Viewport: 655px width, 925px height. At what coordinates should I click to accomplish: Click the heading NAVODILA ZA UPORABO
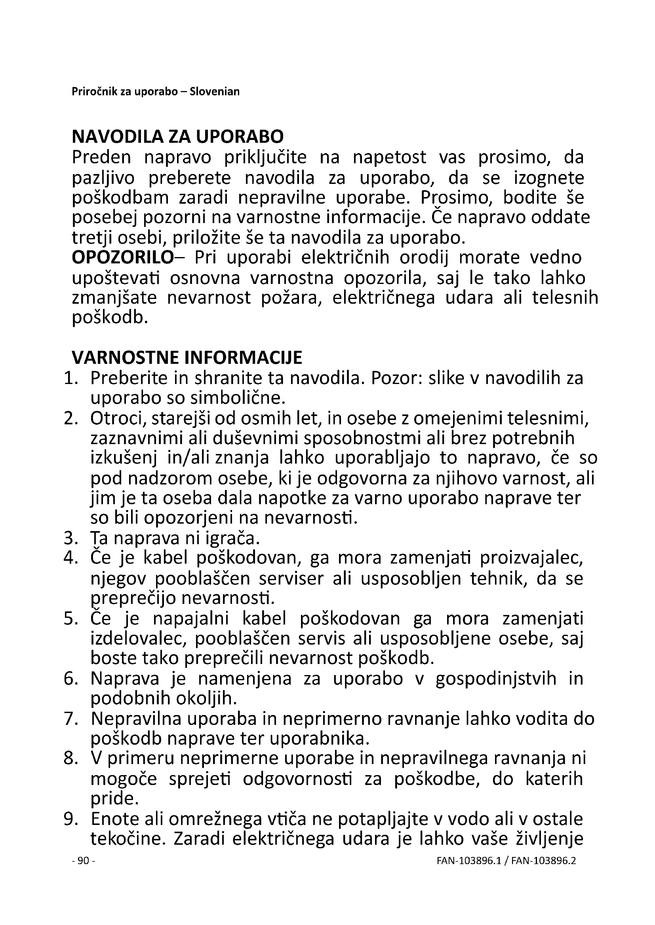pyautogui.click(x=177, y=137)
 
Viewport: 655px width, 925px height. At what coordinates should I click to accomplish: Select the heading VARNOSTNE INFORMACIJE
pyautogui.click(x=187, y=358)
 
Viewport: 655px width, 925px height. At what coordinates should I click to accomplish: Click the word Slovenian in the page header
pyautogui.click(x=215, y=92)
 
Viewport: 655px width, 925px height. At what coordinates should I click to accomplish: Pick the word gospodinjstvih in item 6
pyautogui.click(x=496, y=679)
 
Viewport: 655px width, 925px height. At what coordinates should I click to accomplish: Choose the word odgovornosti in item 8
pyautogui.click(x=298, y=779)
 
